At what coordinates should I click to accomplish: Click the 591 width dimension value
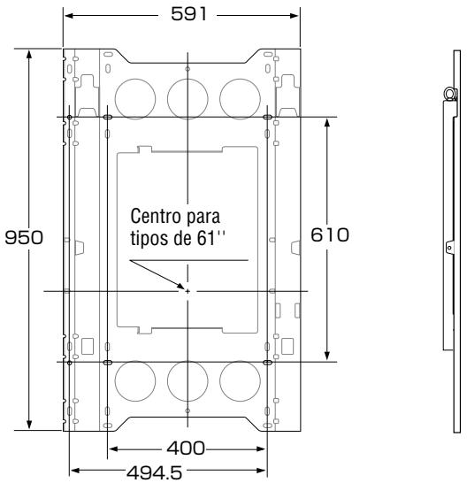pos(188,14)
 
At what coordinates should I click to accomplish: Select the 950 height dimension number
pos(24,237)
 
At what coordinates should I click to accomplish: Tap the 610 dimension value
pos(330,235)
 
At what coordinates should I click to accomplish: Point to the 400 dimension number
pos(186,448)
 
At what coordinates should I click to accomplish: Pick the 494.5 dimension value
pos(155,471)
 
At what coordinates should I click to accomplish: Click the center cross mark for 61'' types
pos(188,291)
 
